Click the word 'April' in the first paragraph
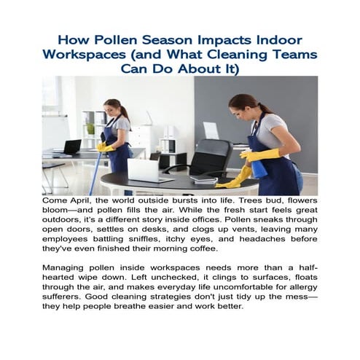click(x=89, y=200)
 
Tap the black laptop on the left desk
click(x=72, y=146)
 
